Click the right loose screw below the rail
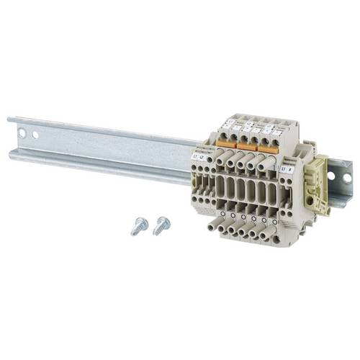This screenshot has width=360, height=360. [161, 225]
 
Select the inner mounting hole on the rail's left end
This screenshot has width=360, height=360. [35, 135]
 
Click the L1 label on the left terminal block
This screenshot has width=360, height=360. [194, 156]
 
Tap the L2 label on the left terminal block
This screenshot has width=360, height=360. [202, 156]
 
